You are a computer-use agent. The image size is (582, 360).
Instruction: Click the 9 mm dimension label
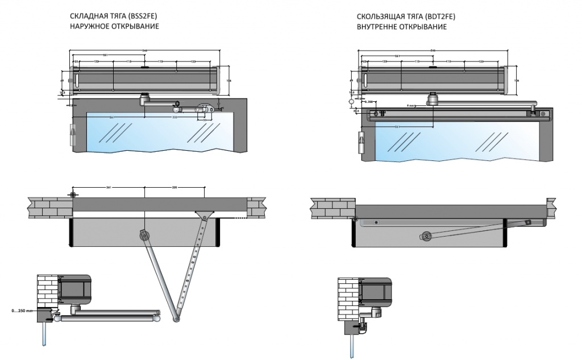pos(410,106)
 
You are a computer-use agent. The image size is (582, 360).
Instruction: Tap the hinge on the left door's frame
pos(72,136)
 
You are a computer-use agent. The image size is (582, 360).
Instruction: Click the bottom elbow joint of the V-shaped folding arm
pos(175,318)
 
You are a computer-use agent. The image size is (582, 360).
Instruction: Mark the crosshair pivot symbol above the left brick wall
pos(73,195)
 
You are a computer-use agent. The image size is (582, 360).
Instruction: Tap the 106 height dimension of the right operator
pos(516,81)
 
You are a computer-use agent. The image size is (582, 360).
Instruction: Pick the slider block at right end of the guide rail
pos(533,114)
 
